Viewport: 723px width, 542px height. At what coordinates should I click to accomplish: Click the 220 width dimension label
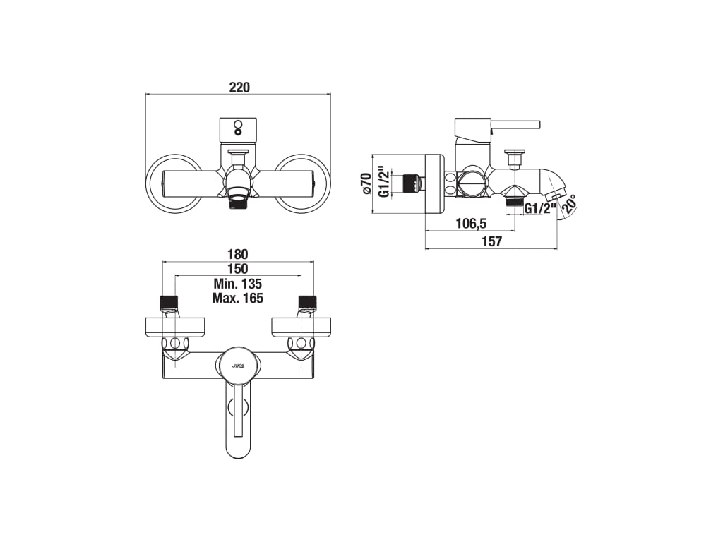click(x=239, y=87)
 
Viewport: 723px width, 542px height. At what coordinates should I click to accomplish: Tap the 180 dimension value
click(x=237, y=254)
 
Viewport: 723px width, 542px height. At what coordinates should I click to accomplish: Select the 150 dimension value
click(x=237, y=269)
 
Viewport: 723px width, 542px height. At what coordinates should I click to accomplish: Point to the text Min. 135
click(x=237, y=284)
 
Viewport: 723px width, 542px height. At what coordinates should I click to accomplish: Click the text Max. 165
click(x=237, y=299)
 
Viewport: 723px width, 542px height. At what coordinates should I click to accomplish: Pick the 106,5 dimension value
click(x=471, y=224)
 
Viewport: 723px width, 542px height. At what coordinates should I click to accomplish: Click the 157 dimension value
click(x=491, y=241)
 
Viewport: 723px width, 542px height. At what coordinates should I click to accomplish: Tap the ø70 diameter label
click(x=366, y=183)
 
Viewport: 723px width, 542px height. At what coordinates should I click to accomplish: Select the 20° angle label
click(x=570, y=205)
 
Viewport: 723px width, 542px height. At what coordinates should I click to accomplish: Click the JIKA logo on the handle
click(x=237, y=365)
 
